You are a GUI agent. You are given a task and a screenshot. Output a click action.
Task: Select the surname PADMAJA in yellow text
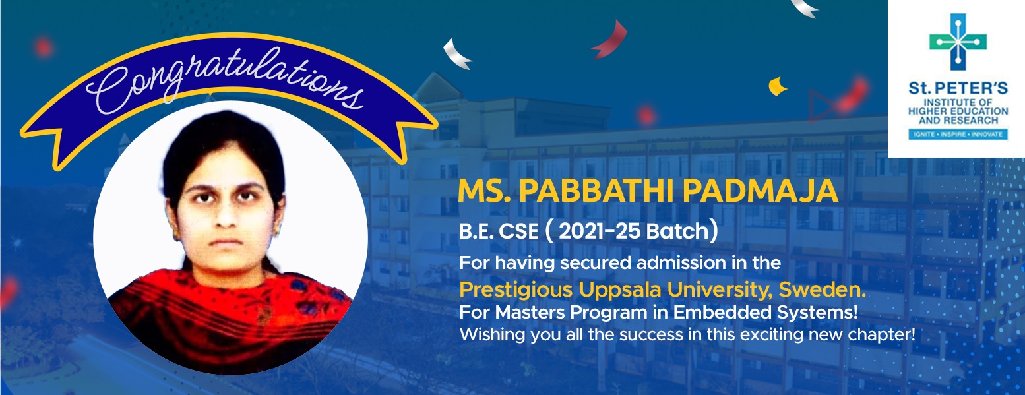[x=760, y=191]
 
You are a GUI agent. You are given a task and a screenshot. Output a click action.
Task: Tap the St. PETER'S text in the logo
[x=958, y=88]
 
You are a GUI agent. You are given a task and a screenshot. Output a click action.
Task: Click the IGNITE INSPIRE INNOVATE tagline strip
[x=958, y=135]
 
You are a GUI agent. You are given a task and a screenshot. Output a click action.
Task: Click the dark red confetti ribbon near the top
[x=609, y=40]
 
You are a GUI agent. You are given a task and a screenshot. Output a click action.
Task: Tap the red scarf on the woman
[x=229, y=316]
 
